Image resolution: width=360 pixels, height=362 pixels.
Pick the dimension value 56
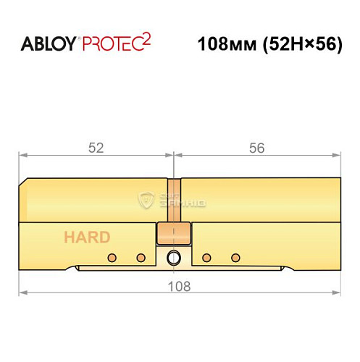tap(256, 147)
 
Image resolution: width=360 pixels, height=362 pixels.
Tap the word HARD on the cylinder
tap(86, 237)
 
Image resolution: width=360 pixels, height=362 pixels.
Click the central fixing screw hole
tap(174, 258)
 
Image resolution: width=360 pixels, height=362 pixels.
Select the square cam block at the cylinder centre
tap(174, 235)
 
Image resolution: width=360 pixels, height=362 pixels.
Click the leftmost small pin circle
tap(112, 258)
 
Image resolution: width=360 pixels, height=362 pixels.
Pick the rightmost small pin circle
tap(235, 258)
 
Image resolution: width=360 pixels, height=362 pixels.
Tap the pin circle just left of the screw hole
tap(141, 258)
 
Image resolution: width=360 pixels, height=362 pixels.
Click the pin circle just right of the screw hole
tap(207, 258)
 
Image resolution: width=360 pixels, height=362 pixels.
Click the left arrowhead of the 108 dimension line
tap(22, 292)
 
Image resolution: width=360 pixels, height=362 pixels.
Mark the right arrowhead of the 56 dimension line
tap(337, 155)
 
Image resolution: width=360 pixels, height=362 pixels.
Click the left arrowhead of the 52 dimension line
tap(22, 155)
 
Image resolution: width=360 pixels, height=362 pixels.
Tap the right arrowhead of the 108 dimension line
tap(337, 292)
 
